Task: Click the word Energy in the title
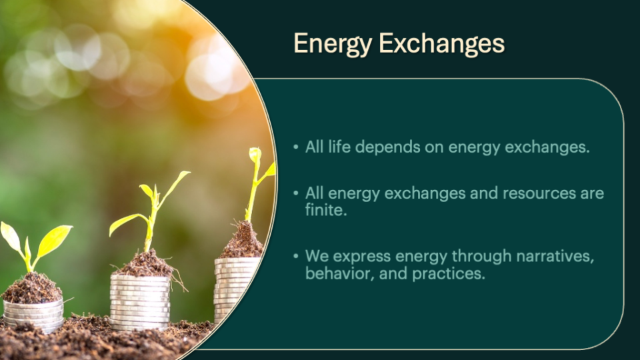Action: click(x=333, y=44)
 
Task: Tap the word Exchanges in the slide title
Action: click(x=441, y=44)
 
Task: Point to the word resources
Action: click(x=539, y=193)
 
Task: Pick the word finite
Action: click(x=326, y=210)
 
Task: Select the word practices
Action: click(x=449, y=274)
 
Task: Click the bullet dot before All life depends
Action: click(x=296, y=147)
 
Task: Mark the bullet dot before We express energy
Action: click(x=296, y=256)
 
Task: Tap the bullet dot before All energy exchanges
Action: click(x=296, y=193)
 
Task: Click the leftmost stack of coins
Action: click(x=33, y=315)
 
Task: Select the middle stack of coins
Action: click(x=139, y=303)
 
